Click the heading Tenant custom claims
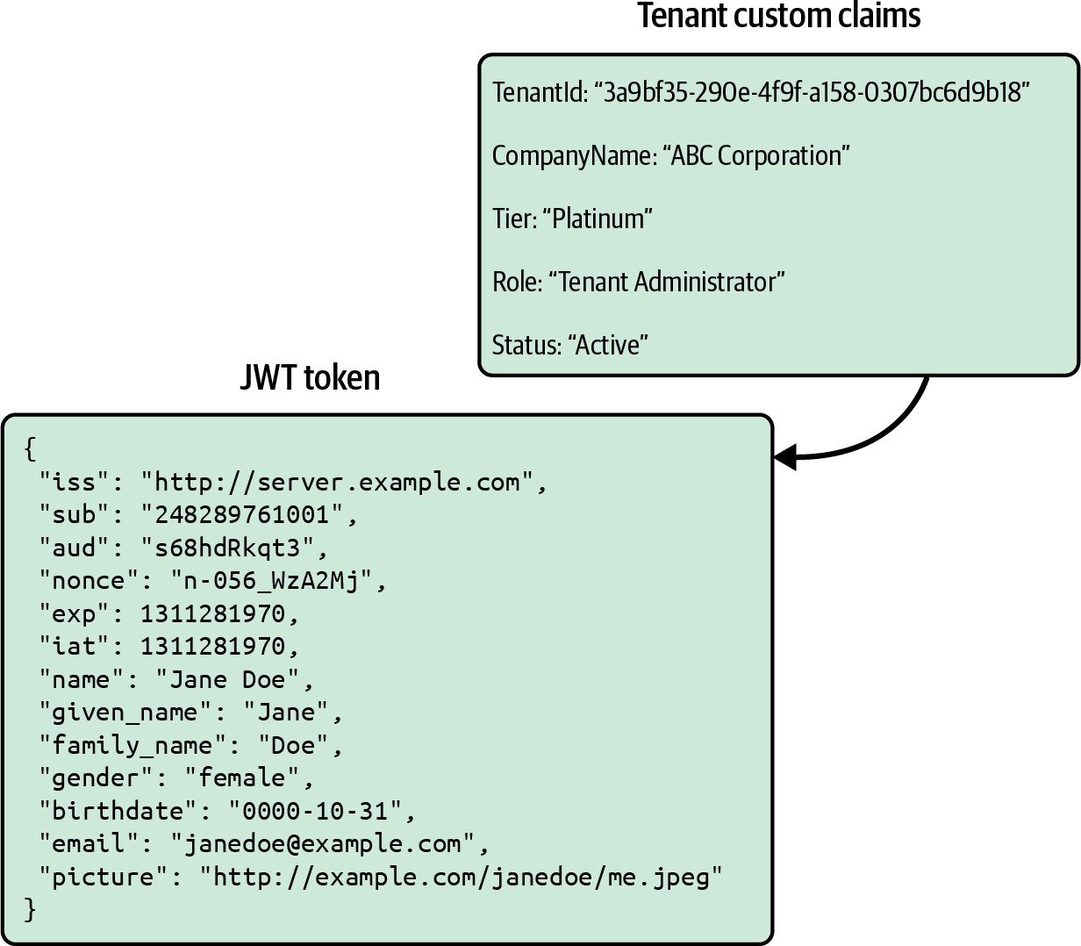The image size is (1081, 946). pos(778,17)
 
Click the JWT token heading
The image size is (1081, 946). pos(310,378)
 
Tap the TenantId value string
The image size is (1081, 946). pos(812,92)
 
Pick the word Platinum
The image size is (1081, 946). pos(602,219)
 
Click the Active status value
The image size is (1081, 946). pos(608,345)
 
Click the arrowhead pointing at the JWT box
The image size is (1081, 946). pos(785,456)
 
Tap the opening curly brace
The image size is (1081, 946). pos(31,448)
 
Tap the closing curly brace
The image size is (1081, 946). pos(31,908)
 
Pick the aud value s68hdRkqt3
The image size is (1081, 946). pos(227,548)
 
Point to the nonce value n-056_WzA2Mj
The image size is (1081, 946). pos(271,581)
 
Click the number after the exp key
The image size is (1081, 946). pos(212,613)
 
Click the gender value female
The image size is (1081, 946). pos(242,778)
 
